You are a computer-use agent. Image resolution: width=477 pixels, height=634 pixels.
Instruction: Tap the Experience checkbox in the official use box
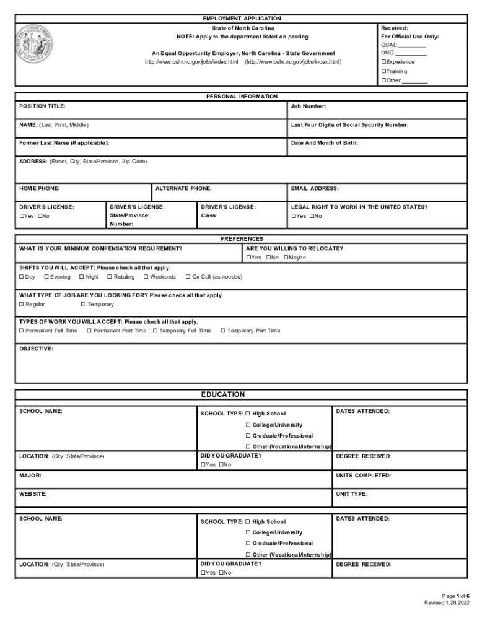[x=384, y=62]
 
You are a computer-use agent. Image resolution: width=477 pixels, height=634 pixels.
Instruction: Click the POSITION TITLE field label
[x=42, y=106]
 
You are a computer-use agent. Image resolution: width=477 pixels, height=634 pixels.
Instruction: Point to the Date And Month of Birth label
[x=324, y=143]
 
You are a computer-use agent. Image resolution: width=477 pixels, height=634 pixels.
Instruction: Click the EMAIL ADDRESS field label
[x=315, y=188]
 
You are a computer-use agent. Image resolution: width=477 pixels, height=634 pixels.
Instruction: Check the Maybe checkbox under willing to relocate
[x=286, y=258]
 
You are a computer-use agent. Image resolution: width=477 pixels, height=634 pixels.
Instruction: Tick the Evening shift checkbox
[x=46, y=277]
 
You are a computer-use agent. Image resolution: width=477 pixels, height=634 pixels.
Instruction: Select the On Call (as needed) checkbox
[x=188, y=277]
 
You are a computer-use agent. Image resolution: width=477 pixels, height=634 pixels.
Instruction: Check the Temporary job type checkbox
[x=83, y=305]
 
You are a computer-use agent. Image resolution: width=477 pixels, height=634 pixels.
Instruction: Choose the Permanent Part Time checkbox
[x=89, y=331]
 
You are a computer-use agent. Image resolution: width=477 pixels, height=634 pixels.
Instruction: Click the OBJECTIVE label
[x=36, y=349]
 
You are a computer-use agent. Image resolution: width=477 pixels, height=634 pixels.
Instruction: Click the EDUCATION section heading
[x=223, y=395]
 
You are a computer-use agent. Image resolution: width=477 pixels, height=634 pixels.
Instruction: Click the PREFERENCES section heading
[x=242, y=238]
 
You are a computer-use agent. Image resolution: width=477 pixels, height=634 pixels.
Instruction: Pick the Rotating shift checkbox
[x=110, y=277]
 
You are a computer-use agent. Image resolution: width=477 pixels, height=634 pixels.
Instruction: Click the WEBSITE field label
[x=33, y=494]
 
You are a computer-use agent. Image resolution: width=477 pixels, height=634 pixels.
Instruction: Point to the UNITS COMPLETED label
[x=363, y=475]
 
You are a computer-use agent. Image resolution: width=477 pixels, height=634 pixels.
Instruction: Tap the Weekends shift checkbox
[x=146, y=277]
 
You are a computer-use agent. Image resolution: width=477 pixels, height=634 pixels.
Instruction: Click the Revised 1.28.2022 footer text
[x=446, y=602]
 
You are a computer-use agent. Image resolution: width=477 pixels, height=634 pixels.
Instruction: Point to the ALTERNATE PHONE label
[x=183, y=188]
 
